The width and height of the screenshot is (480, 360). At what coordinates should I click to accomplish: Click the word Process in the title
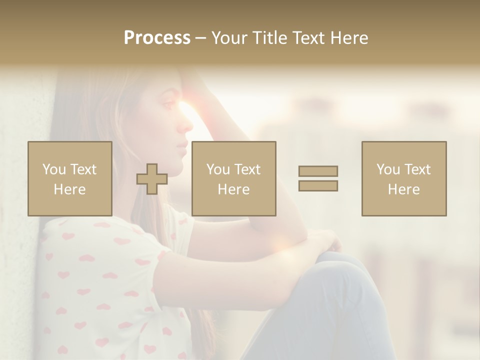pyautogui.click(x=157, y=38)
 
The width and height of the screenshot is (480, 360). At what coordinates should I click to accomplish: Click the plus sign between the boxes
pyautogui.click(x=152, y=179)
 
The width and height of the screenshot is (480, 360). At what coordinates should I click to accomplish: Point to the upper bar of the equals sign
pyautogui.click(x=318, y=171)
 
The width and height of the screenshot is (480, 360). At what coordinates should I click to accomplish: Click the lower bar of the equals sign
pyautogui.click(x=318, y=185)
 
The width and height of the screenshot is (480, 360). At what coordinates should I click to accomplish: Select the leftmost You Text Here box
pyautogui.click(x=70, y=179)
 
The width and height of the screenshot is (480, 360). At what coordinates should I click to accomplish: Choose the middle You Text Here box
pyautogui.click(x=234, y=179)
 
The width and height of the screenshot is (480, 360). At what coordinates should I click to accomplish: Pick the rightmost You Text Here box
pyautogui.click(x=404, y=179)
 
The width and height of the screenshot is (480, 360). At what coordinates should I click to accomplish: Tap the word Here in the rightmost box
pyautogui.click(x=404, y=189)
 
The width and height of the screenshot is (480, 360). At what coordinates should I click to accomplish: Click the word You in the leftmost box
pyautogui.click(x=54, y=169)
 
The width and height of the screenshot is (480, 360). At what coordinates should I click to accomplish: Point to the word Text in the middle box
pyautogui.click(x=247, y=169)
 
